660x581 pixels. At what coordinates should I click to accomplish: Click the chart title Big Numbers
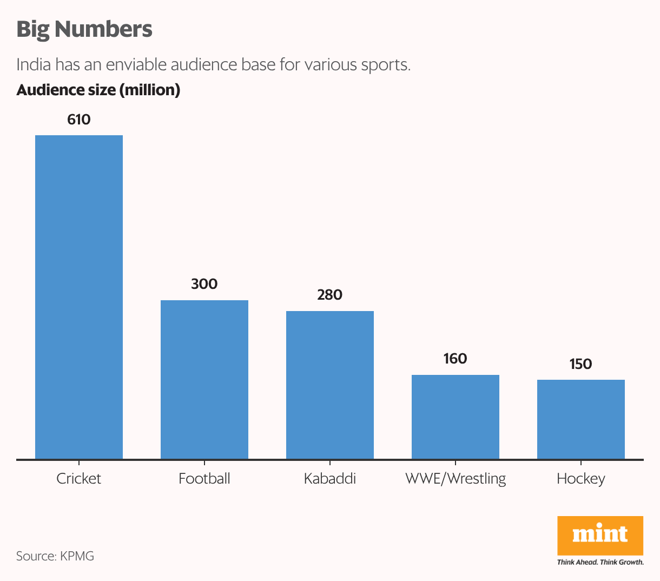click(84, 29)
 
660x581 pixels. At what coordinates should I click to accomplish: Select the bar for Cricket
click(79, 297)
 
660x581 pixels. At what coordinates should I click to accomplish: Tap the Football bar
click(204, 379)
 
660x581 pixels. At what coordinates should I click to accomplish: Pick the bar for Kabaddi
click(330, 385)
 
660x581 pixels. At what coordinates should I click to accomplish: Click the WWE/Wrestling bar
click(456, 417)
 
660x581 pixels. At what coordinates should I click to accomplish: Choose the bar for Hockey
click(581, 419)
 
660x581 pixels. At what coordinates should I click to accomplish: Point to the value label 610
click(79, 120)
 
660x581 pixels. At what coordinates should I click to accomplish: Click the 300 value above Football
click(204, 284)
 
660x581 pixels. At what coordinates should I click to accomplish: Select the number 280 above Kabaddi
click(330, 295)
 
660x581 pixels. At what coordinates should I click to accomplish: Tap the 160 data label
click(456, 359)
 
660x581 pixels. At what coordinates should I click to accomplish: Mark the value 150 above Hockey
click(581, 364)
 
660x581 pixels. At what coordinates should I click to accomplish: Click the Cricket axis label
click(79, 479)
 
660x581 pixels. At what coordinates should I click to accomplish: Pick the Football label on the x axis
click(204, 479)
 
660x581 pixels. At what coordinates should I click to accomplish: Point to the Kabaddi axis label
click(330, 479)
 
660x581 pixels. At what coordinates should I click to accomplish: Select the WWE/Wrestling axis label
click(456, 479)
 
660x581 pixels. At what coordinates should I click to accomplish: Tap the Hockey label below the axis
click(581, 479)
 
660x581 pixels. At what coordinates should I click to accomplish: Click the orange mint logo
click(600, 535)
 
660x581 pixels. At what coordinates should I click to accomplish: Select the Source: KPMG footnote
click(55, 556)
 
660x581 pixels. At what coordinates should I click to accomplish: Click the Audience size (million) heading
click(98, 90)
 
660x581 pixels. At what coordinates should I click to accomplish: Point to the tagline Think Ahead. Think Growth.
click(600, 562)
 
